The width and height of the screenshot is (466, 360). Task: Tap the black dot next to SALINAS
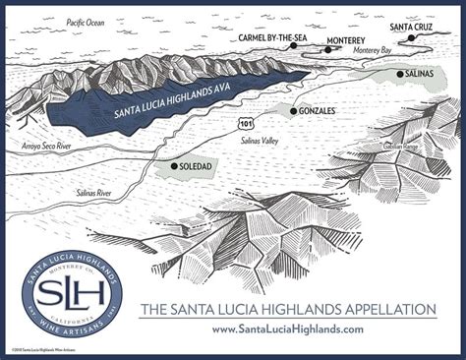[x=399, y=75]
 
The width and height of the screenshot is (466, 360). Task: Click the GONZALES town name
[x=320, y=112]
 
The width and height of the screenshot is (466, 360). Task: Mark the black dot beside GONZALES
[x=293, y=112]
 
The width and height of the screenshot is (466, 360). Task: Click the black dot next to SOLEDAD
[x=174, y=167]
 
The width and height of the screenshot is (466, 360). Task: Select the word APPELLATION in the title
[x=378, y=309]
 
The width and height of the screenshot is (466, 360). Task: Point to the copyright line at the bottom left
[x=44, y=351]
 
